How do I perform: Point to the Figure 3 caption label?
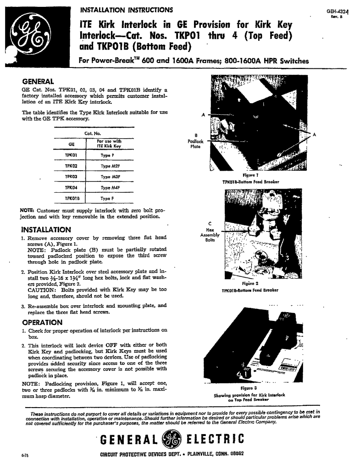(x=250, y=388)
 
